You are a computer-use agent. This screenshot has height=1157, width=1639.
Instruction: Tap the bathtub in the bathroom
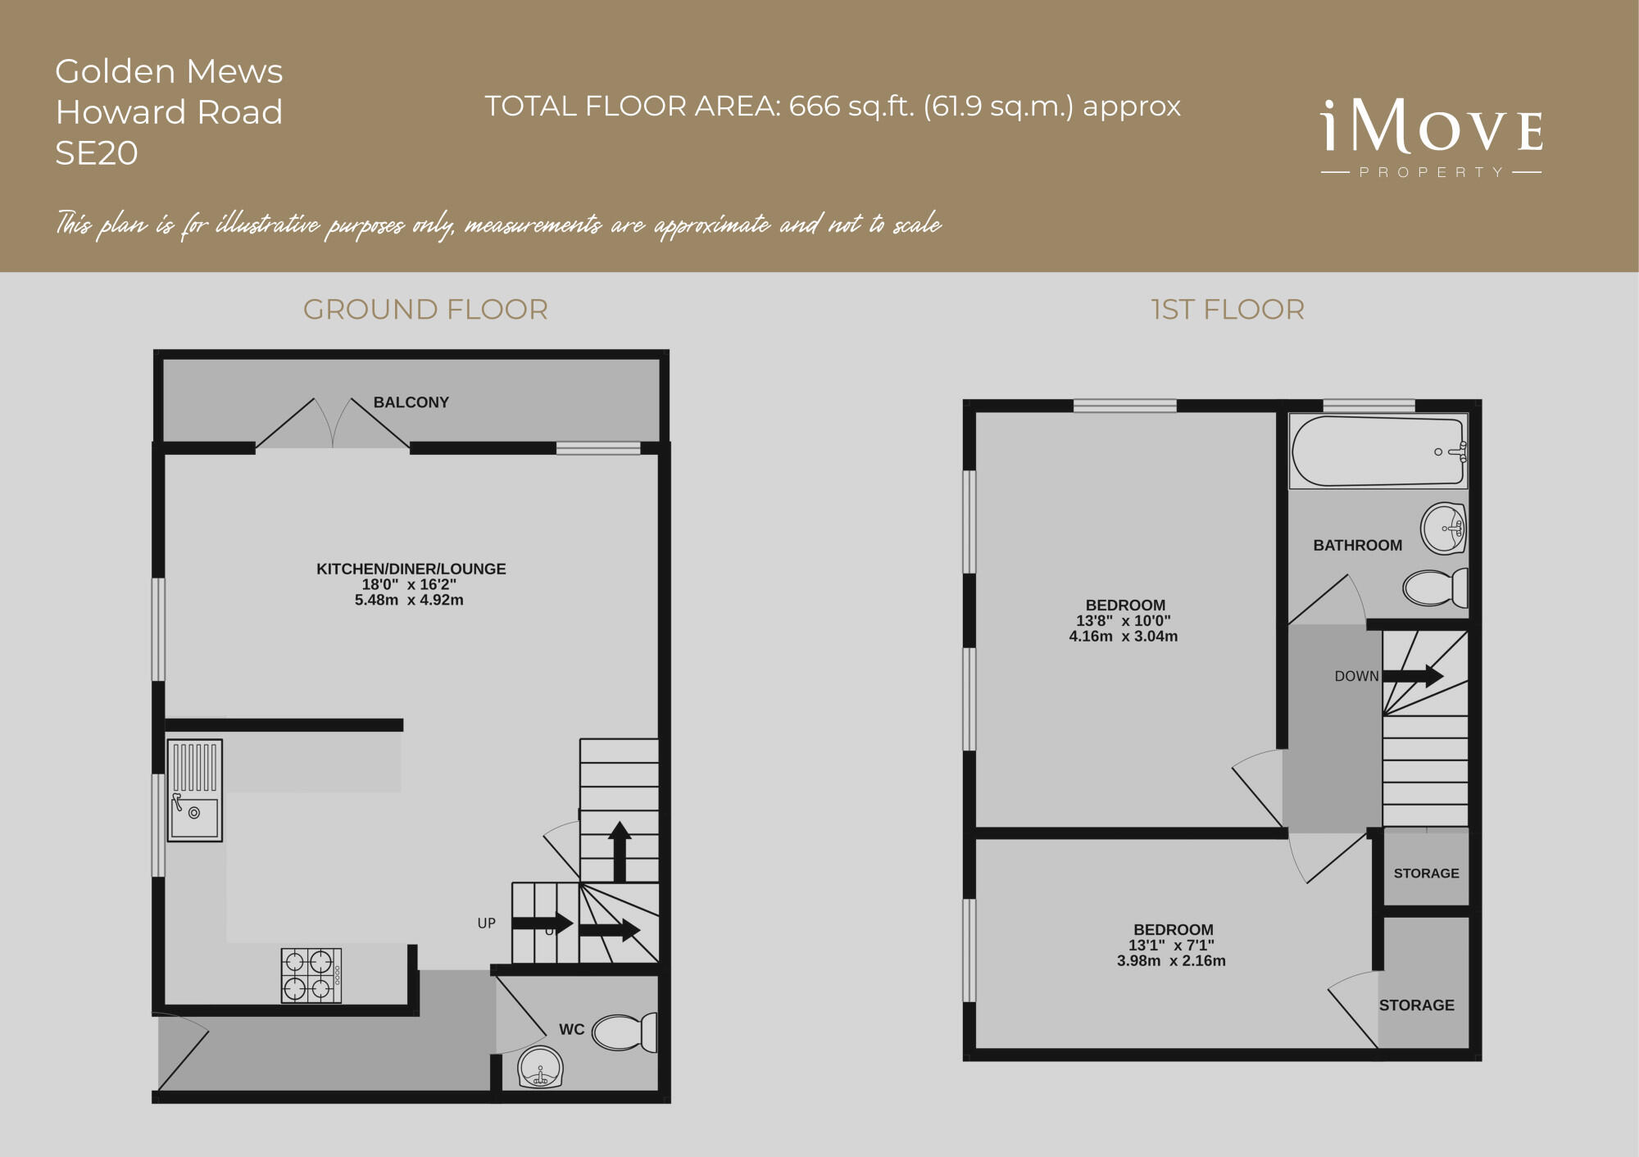(1378, 451)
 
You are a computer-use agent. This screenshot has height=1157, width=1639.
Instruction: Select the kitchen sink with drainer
(195, 790)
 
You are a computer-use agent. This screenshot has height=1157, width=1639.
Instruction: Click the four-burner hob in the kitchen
(311, 975)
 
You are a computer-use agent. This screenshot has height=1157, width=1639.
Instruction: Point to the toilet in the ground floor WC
(624, 1032)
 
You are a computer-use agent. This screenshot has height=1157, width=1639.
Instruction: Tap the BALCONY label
(411, 402)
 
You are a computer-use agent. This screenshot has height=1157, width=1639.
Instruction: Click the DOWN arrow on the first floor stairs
(1413, 676)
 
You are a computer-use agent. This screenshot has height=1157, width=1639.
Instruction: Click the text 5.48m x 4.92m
(409, 600)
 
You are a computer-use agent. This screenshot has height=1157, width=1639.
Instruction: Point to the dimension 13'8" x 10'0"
(1123, 621)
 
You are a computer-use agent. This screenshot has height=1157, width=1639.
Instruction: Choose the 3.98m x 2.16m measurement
(1171, 961)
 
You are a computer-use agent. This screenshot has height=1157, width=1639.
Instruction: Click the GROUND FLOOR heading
(425, 310)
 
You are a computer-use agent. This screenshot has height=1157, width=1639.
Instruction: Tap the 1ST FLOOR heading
(1227, 310)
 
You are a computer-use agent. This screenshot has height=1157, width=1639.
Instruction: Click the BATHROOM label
(1357, 546)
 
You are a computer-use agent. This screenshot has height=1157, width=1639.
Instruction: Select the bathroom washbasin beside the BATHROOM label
(1443, 529)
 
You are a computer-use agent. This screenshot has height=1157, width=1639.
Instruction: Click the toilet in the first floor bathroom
(1435, 588)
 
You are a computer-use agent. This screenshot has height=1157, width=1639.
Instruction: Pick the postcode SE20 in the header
(97, 153)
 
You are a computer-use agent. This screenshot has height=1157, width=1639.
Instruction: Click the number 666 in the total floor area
(815, 107)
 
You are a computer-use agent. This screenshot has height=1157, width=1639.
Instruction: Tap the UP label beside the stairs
(486, 923)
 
